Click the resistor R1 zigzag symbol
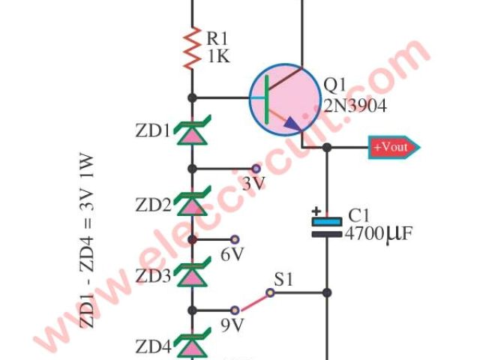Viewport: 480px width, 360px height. coord(193,47)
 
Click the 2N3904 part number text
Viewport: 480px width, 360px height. coord(355,107)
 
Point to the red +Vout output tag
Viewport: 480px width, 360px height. coord(391,147)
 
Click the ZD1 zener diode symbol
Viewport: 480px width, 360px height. coord(193,132)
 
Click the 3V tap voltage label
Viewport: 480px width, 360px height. coord(253,184)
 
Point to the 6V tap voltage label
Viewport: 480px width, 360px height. coord(233,255)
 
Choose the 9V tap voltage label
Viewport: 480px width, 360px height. coord(233,326)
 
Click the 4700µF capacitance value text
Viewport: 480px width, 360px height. coord(379,235)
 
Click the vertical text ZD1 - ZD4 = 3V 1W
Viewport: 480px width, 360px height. coord(88,240)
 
